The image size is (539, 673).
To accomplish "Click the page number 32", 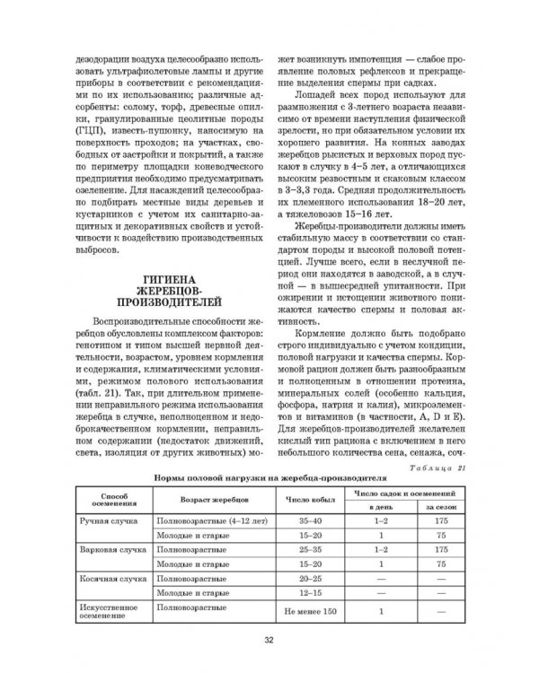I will [269, 639].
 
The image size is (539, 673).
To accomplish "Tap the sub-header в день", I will [382, 507].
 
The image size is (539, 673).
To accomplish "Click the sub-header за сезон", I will [441, 507].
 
